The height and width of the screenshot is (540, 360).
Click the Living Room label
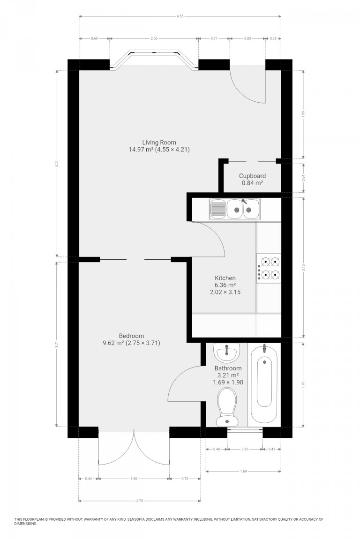pyautogui.click(x=159, y=142)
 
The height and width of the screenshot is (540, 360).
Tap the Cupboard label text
pyautogui.click(x=252, y=176)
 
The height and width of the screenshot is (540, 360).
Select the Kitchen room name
pyautogui.click(x=225, y=278)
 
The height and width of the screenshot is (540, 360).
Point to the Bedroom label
pyautogui.click(x=131, y=336)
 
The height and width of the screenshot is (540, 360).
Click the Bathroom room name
pyautogui.click(x=228, y=368)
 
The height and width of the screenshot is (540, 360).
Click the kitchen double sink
pyautogui.click(x=235, y=209)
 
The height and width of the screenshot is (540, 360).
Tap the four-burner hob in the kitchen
pyautogui.click(x=269, y=268)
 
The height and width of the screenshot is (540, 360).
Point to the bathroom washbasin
pyautogui.click(x=227, y=352)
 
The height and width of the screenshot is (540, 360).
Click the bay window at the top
pyautogui.click(x=154, y=59)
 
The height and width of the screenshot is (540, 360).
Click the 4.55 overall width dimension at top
pyautogui.click(x=180, y=16)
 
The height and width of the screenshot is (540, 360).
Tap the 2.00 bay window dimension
pyautogui.click(x=154, y=38)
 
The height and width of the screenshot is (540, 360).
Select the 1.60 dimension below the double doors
pyautogui.click(x=134, y=479)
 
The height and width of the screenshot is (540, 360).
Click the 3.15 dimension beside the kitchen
pyautogui.click(x=304, y=268)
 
